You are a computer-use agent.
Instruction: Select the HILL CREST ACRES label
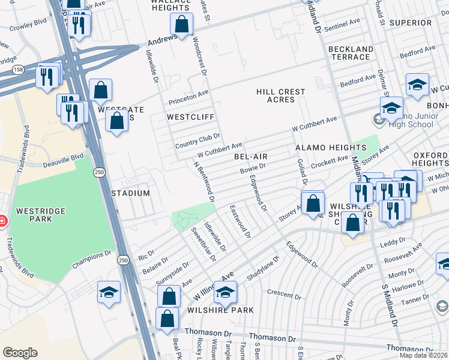280,95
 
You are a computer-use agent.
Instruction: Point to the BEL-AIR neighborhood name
250,157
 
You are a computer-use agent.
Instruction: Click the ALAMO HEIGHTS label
330,148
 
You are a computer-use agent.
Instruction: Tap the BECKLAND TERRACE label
351,53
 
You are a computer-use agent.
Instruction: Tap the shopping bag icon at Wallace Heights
181,25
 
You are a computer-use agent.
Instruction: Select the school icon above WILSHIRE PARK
225,292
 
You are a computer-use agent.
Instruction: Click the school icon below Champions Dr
109,292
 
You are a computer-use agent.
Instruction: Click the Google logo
20,352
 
